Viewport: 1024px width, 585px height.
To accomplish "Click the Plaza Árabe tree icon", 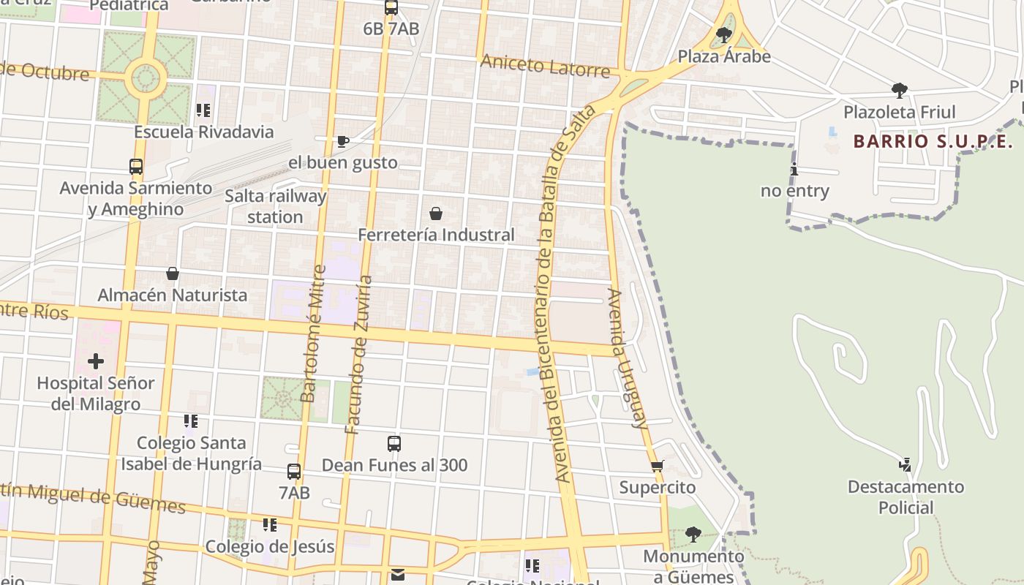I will pos(724,34).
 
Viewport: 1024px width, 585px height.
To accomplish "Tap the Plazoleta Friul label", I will pos(899,112).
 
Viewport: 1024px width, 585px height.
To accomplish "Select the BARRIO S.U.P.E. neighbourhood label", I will pos(933,141).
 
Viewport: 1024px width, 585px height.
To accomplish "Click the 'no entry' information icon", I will pos(794,170).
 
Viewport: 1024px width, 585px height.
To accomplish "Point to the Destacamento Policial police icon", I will pos(906,464).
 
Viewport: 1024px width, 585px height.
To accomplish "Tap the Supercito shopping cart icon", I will pos(657,466).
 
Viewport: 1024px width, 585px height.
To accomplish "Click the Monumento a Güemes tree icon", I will pos(693,535).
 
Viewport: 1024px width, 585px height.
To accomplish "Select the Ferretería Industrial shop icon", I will pos(436,214).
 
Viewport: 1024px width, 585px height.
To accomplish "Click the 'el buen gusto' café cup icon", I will pos(342,141).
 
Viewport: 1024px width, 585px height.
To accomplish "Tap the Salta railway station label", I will pos(275,206).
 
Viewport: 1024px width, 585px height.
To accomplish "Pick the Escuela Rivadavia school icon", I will pos(203,110).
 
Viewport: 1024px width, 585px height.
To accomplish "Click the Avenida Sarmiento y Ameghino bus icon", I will pos(136,167).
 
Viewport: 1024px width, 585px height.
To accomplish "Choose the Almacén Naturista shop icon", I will pos(173,273).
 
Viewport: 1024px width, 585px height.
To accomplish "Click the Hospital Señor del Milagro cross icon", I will pos(96,361).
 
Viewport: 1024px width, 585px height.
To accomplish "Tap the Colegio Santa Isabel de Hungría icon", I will pos(191,421).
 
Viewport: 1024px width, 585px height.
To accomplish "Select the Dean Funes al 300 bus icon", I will pos(394,443).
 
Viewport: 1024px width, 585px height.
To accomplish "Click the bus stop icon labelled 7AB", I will pos(294,472).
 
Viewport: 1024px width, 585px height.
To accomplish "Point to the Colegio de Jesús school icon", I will pos(270,525).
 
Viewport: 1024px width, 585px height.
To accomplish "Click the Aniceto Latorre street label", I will pos(545,66).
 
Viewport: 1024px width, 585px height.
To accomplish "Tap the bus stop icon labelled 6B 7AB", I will pos(391,8).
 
